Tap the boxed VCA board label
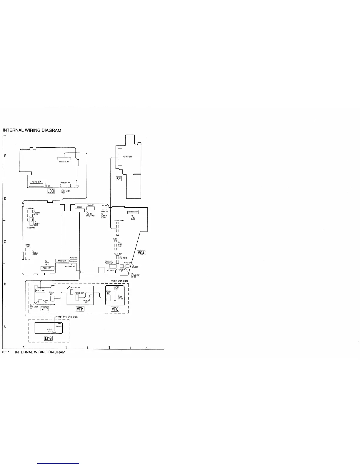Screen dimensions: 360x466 coord(141,253)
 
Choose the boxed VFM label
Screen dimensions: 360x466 coord(80,309)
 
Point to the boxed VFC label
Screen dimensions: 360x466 coord(115,309)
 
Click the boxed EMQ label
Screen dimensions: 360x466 coord(48,338)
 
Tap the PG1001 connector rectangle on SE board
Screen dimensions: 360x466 coord(119,157)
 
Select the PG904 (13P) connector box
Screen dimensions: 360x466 coord(62,261)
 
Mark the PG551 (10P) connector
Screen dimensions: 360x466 coord(47,268)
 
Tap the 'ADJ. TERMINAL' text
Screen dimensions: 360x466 coord(70,267)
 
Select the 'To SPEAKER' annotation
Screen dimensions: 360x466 coord(134,266)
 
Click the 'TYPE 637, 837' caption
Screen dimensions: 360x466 coord(119,282)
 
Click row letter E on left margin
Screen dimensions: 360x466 coord(5,156)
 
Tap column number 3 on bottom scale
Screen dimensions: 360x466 coord(109,348)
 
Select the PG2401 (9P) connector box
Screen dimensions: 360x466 coord(40,290)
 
